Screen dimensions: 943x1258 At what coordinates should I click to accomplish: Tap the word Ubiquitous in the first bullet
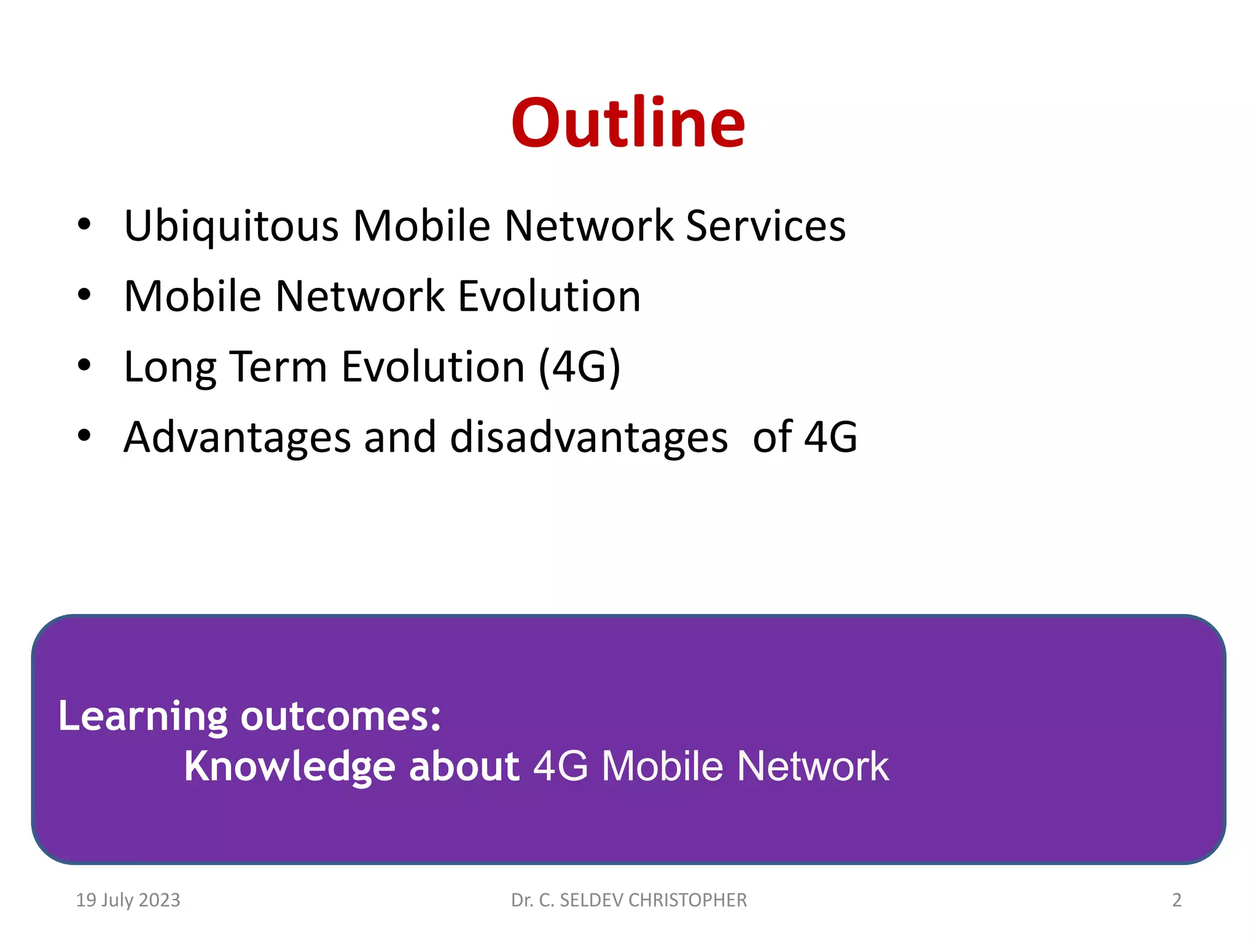tap(231, 227)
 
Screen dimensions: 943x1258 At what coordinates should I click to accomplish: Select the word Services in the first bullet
tap(765, 226)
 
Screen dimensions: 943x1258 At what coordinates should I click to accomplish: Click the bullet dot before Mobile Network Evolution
tap(84, 295)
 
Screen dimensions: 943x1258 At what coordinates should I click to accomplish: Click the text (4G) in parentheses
tap(579, 367)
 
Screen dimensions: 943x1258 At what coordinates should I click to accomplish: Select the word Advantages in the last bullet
tap(237, 438)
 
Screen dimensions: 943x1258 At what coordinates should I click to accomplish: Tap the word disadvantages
tap(588, 438)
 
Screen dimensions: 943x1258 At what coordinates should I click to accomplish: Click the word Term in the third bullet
tap(278, 367)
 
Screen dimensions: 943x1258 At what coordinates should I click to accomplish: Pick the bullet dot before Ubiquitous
tap(84, 225)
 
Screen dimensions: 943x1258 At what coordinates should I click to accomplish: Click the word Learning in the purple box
tap(143, 716)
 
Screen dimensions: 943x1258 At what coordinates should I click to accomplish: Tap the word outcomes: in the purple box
tap(340, 716)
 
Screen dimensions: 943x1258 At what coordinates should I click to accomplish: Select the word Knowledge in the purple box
tap(289, 767)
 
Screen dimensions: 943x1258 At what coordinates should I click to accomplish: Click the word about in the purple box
tap(464, 767)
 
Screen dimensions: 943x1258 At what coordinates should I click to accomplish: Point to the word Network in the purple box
tap(812, 767)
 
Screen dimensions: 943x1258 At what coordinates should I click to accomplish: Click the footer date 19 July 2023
tap(128, 900)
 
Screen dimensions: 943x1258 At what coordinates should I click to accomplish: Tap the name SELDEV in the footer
tap(591, 900)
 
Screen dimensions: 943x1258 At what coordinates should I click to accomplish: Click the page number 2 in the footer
tap(1176, 900)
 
